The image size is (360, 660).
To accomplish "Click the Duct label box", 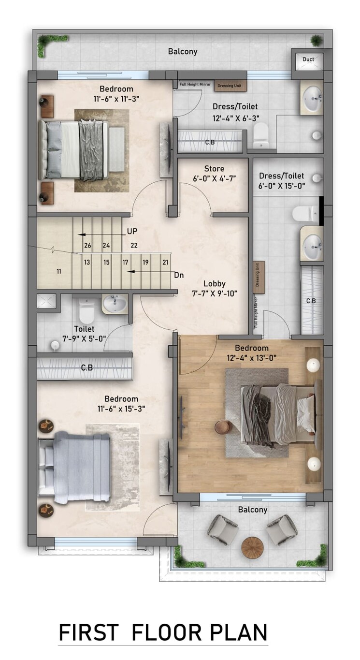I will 308,59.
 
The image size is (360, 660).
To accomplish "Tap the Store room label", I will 214,169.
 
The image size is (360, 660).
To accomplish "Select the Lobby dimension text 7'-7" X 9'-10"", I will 215,293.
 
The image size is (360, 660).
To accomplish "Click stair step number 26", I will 87,245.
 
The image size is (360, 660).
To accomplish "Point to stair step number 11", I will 59,271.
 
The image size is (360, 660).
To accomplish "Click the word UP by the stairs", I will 132,232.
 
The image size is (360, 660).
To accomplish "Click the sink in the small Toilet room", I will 115,304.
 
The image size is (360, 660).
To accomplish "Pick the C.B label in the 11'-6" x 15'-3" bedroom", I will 87,368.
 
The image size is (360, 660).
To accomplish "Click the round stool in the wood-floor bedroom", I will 223,427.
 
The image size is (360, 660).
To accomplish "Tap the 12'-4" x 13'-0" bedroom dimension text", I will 252,358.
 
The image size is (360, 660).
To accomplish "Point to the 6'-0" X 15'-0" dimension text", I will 282,185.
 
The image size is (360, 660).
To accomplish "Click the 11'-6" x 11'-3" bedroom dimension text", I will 116,99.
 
